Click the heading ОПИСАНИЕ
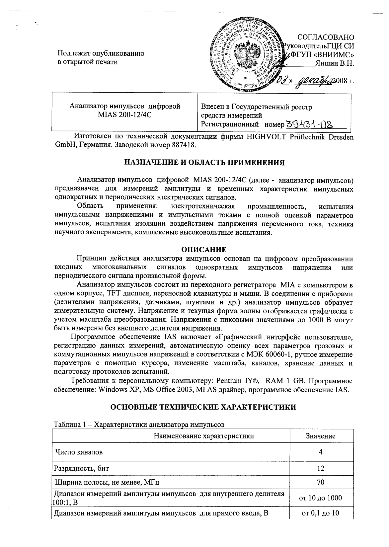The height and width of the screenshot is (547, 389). coord(204,249)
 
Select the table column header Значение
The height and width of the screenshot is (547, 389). coord(321,436)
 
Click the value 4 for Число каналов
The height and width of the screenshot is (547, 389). coord(321,452)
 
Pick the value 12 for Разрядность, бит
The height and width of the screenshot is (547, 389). coord(321,468)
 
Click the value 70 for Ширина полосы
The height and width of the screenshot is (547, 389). coord(321,482)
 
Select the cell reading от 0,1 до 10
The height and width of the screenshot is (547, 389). coord(321,513)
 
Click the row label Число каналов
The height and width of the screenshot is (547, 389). coord(79,452)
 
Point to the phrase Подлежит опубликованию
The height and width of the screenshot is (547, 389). coord(101,53)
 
